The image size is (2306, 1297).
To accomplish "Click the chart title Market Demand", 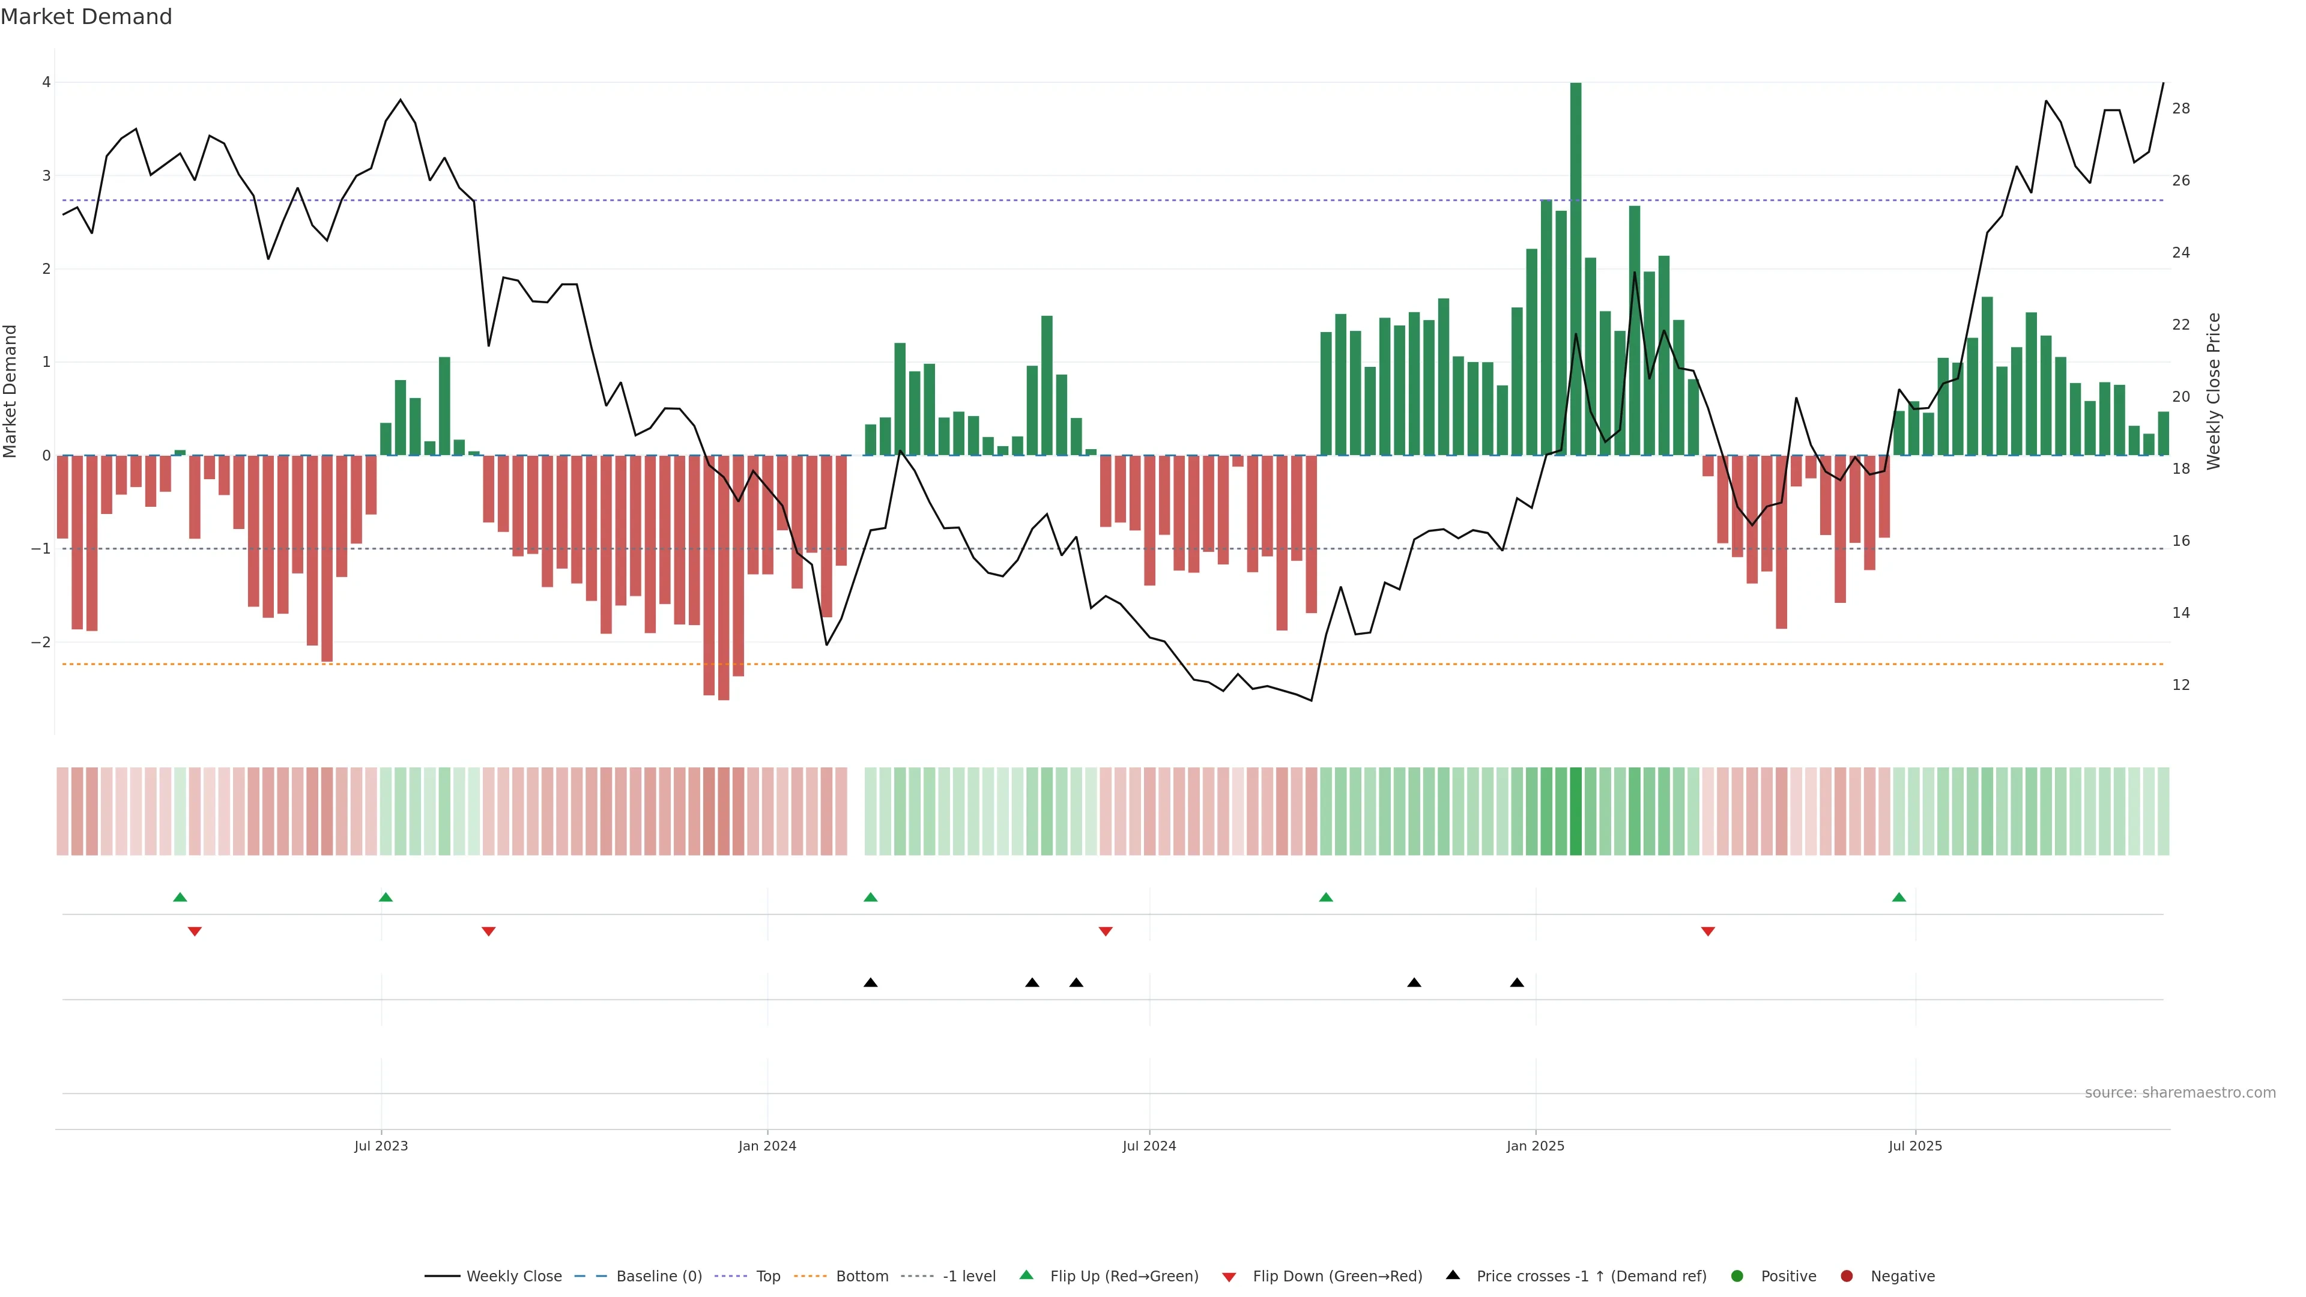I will (86, 17).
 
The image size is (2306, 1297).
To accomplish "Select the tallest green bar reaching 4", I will (1576, 268).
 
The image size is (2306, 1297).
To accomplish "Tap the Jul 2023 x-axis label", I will (381, 1146).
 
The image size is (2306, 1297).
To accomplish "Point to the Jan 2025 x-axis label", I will (1536, 1146).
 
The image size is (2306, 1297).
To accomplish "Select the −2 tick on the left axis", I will (41, 642).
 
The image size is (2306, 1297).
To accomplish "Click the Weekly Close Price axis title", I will (2214, 391).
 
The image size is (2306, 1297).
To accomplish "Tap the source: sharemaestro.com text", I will (2180, 1093).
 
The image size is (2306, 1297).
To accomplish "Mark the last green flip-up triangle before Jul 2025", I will (1899, 897).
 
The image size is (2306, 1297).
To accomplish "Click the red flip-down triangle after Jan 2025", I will (1708, 932).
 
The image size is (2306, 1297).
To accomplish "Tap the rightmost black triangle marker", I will (1516, 983).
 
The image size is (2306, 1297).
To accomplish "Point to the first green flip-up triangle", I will (180, 897).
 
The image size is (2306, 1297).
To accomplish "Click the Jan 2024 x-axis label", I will (767, 1146).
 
